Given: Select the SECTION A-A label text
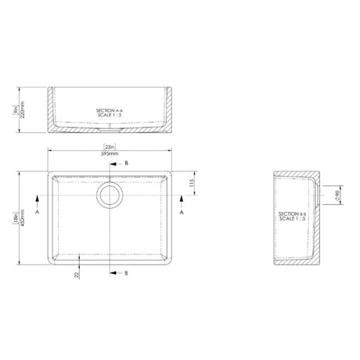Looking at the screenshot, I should point(109,111).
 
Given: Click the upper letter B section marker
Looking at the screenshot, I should point(128,162).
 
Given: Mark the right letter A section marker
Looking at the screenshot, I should point(182,212).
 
